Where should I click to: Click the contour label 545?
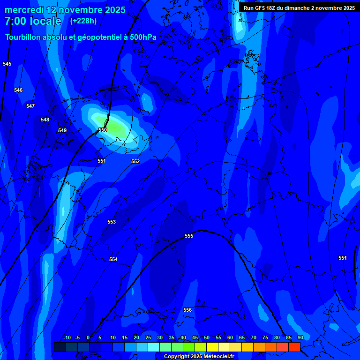7,64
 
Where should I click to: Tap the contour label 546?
18,90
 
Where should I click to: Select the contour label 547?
30,106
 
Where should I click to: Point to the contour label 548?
45,120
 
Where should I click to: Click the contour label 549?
62,130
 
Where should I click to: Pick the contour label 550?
103,130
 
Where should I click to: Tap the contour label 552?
135,162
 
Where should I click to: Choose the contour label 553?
112,222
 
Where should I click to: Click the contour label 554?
113,259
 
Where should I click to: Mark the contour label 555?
189,236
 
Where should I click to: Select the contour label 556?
187,310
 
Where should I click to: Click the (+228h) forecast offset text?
83,21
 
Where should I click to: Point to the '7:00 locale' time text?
33,21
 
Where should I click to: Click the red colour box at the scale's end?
294,347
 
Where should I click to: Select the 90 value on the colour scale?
300,337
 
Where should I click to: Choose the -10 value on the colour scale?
67,337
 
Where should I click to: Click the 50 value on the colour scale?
207,337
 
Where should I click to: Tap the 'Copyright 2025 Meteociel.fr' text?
199,357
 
